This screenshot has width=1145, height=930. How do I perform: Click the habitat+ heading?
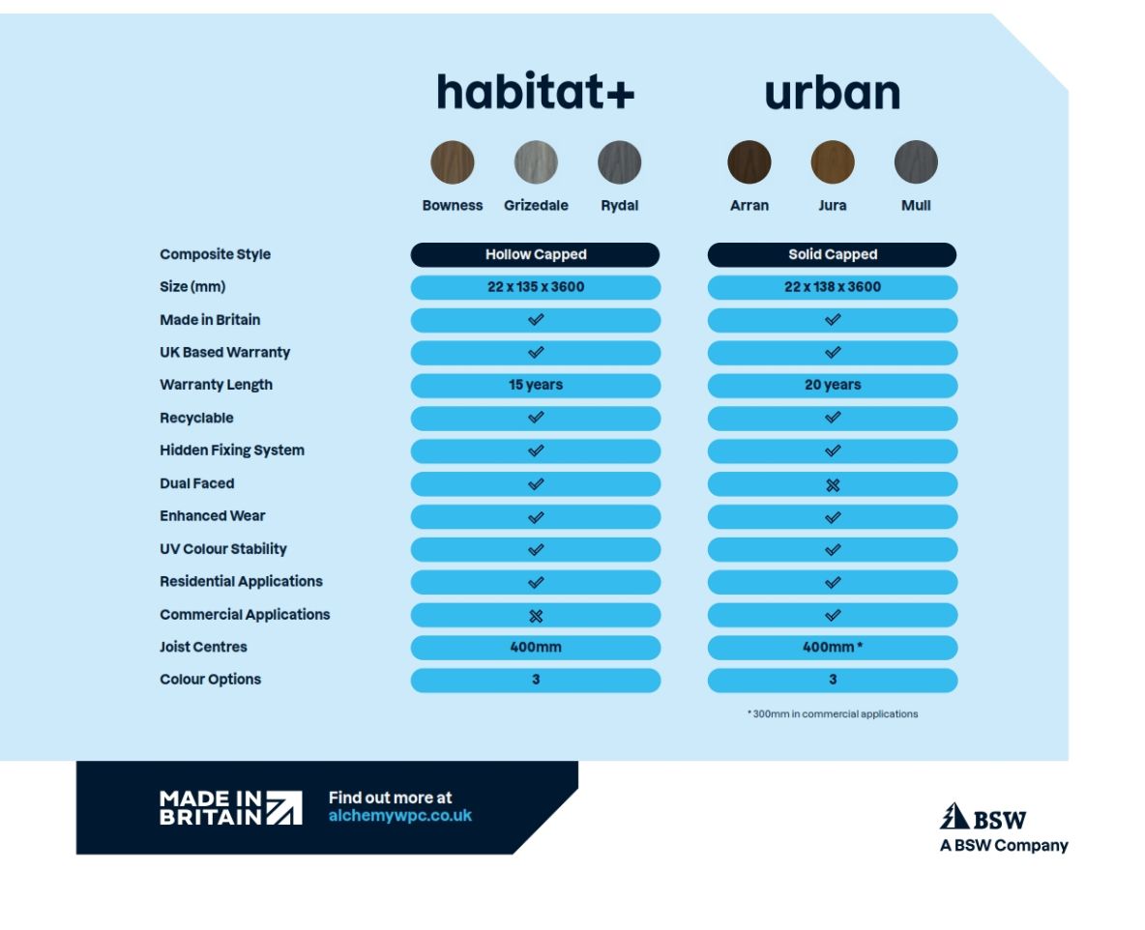[535, 93]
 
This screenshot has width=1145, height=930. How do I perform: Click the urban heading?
[832, 93]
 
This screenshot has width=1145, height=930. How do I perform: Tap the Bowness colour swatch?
[453, 162]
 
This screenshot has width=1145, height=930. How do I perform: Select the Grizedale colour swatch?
[536, 162]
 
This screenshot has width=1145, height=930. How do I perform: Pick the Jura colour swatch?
[833, 162]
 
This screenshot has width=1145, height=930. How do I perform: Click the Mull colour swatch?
[916, 162]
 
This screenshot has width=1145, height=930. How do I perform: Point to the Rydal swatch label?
[619, 205]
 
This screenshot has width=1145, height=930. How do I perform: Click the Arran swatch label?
[749, 205]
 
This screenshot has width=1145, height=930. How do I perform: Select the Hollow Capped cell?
[536, 254]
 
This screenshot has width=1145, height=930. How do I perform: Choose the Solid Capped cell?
[832, 254]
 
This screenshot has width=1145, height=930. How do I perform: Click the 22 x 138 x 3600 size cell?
[832, 287]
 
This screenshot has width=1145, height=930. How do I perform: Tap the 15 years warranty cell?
[536, 385]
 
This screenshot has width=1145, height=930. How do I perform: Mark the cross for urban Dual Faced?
[833, 484]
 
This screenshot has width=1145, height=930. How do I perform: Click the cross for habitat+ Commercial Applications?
[536, 615]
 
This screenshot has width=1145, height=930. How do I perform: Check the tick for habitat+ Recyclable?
[536, 418]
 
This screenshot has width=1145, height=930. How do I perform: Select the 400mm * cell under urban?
[832, 647]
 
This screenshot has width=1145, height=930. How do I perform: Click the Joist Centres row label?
[203, 647]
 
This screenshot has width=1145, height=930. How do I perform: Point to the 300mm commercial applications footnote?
[832, 713]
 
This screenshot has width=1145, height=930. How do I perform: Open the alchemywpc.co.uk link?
[400, 815]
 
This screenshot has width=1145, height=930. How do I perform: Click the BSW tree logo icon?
[954, 817]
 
